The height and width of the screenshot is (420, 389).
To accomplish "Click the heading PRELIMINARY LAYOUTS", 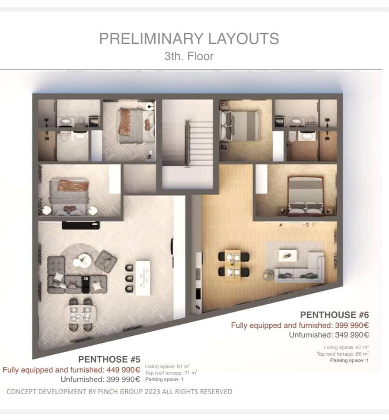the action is click(x=189, y=38).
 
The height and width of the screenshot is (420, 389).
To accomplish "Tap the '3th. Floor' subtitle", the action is click(x=189, y=56).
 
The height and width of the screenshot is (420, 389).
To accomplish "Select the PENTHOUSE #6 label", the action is click(x=335, y=315).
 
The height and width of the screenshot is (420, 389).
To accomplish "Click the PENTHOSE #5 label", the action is click(x=109, y=359).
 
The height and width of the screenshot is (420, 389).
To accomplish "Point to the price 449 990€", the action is click(x=123, y=370).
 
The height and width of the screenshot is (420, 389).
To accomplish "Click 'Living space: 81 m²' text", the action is click(x=167, y=366).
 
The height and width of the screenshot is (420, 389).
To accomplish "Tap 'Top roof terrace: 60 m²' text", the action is click(x=343, y=354).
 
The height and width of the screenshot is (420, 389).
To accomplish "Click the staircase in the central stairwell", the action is click(x=199, y=143).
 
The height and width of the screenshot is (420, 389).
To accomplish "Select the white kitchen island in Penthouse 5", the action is click(x=143, y=278).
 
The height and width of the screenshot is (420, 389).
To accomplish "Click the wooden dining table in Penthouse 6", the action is click(x=233, y=264).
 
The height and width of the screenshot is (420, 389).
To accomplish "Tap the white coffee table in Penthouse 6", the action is click(x=288, y=255).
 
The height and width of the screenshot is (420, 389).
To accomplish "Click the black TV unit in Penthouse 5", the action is click(x=81, y=225).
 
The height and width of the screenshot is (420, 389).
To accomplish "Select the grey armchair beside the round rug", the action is click(x=106, y=261).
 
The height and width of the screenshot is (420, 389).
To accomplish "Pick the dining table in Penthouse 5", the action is click(x=80, y=314).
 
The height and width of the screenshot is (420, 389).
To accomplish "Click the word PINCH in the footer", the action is click(x=108, y=391).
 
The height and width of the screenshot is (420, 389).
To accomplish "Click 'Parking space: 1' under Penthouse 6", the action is click(x=349, y=360).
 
